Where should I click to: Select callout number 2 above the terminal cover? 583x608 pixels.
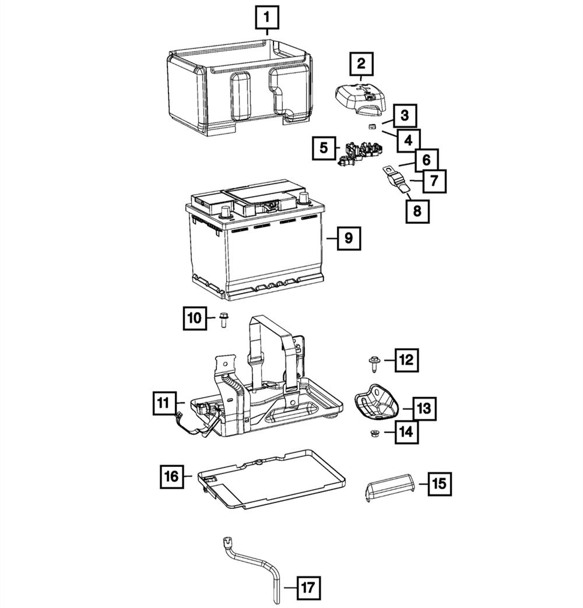click(x=361, y=64)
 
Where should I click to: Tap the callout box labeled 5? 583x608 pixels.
click(x=323, y=148)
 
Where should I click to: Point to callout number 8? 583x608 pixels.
click(x=417, y=210)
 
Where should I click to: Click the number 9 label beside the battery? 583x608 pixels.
click(x=348, y=238)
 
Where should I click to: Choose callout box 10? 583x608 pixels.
click(x=194, y=318)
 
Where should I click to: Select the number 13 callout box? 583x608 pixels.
click(x=424, y=409)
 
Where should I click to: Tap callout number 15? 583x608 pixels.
click(x=440, y=483)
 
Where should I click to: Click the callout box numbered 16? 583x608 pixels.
click(x=172, y=476)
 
